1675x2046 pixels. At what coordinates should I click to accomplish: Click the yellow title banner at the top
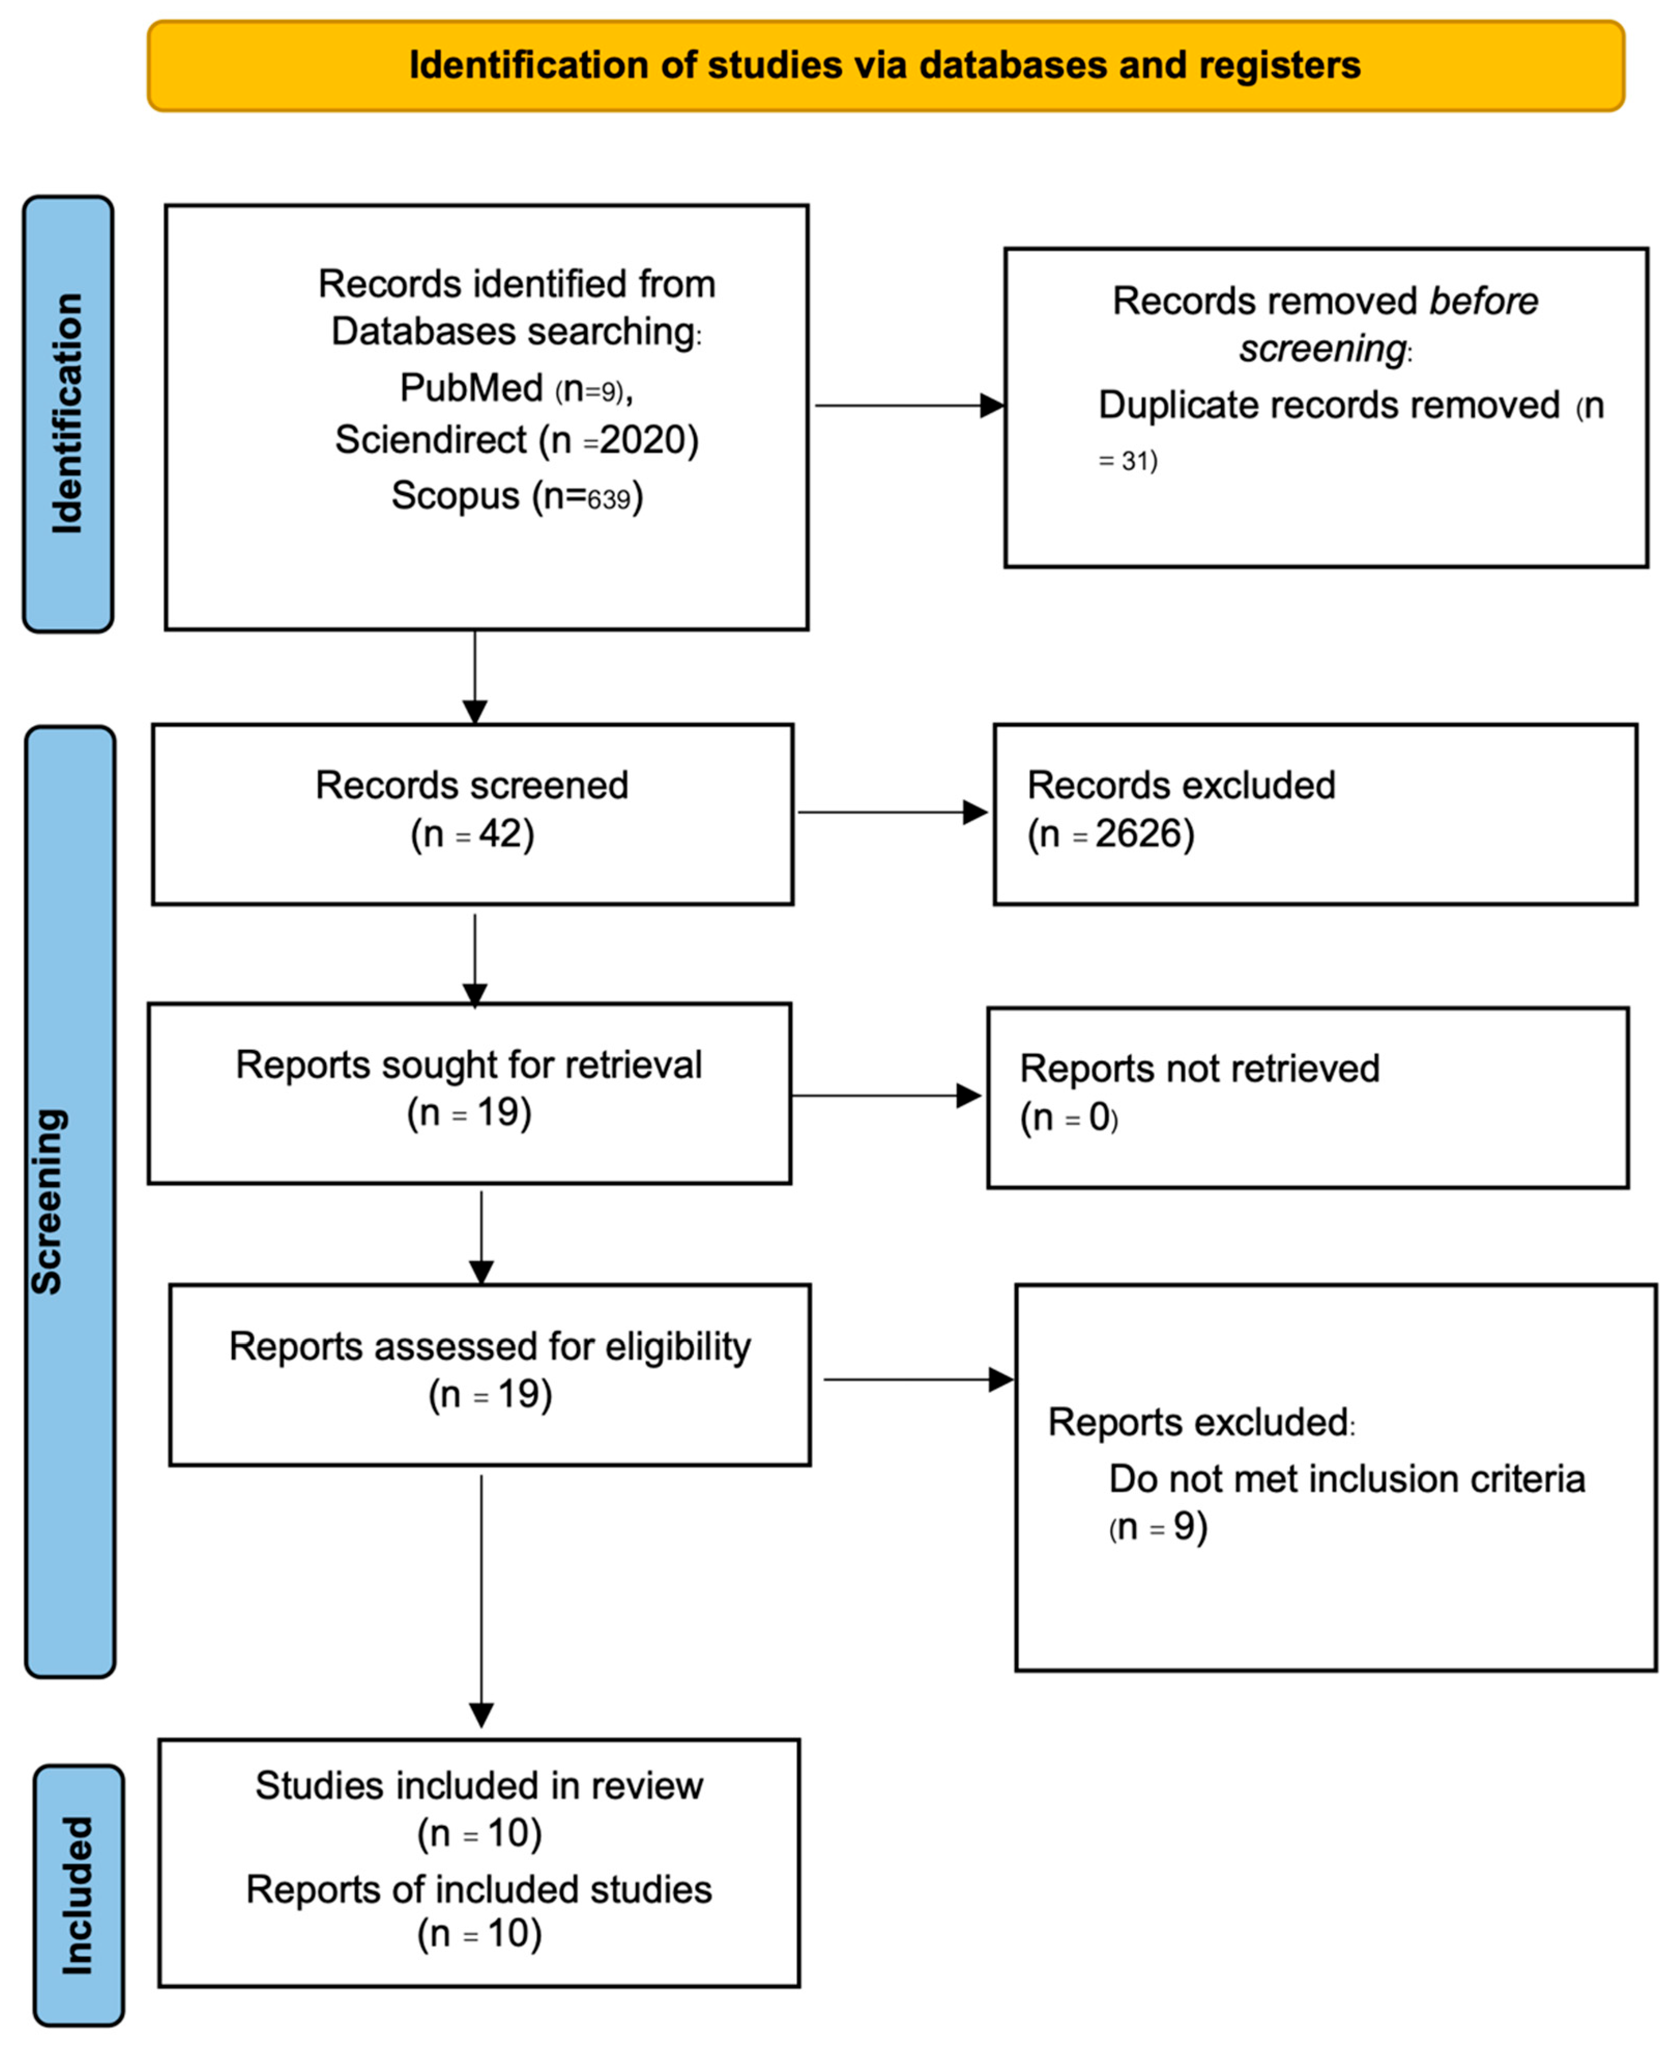885,66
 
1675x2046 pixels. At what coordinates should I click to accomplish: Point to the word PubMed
472,388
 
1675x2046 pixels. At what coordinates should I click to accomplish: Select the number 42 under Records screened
500,834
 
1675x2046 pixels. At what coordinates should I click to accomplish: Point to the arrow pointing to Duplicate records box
908,406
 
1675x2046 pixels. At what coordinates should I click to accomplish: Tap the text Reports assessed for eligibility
489,1346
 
